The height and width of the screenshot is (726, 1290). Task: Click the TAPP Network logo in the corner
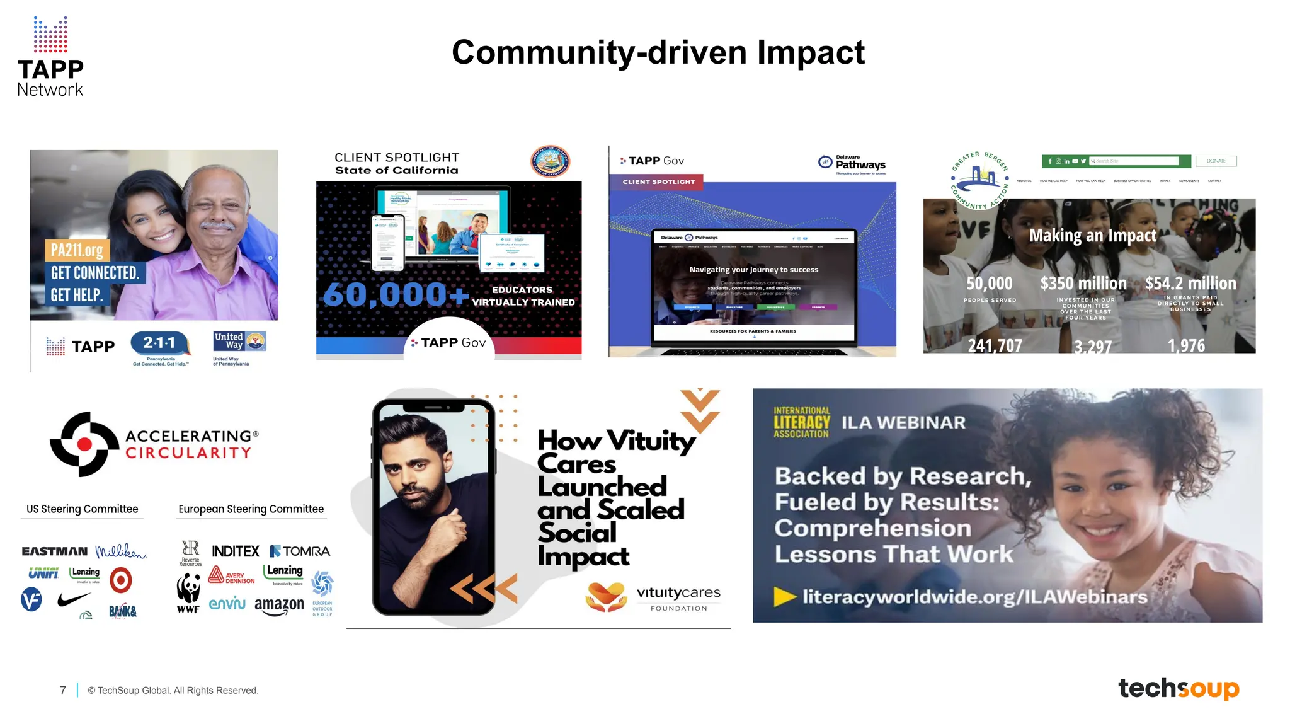point(50,57)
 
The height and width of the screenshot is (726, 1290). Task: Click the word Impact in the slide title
point(811,52)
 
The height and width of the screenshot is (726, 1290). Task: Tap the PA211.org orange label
point(77,250)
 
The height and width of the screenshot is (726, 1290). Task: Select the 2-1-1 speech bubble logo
point(160,343)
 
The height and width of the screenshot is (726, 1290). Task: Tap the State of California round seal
point(549,161)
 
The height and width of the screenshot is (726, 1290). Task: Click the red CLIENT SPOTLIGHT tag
point(658,182)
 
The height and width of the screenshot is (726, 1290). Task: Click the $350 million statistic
point(1083,284)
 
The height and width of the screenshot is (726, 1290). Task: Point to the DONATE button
point(1216,161)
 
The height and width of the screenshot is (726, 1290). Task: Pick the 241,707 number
point(995,345)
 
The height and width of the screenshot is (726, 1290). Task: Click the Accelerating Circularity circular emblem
point(84,444)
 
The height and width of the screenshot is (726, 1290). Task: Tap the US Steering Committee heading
point(83,509)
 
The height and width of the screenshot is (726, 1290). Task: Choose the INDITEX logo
point(236,551)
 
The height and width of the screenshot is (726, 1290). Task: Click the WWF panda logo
point(188,593)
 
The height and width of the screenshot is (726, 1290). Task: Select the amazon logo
point(279,606)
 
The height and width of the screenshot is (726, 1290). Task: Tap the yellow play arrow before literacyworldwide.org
point(785,596)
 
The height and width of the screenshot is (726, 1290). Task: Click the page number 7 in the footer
point(63,691)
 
